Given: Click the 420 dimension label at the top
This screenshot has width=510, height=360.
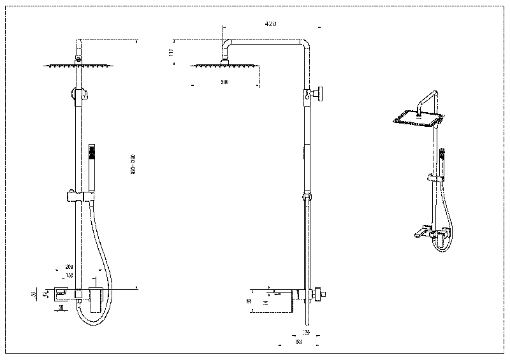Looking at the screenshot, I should tap(270, 24).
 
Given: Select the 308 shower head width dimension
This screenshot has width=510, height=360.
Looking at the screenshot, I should tap(224, 82).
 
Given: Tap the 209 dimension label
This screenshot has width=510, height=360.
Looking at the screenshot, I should tap(69, 267).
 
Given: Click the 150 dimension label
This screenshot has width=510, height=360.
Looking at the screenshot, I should tap(69, 275).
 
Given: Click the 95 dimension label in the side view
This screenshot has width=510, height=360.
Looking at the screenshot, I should tap(251, 299).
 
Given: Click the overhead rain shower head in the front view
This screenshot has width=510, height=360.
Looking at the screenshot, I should tap(78, 64).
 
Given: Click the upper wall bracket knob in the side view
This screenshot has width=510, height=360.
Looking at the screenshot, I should tap(319, 93).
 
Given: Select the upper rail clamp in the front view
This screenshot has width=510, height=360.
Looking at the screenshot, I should tap(79, 95).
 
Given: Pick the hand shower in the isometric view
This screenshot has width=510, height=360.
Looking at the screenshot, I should tap(442, 159).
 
